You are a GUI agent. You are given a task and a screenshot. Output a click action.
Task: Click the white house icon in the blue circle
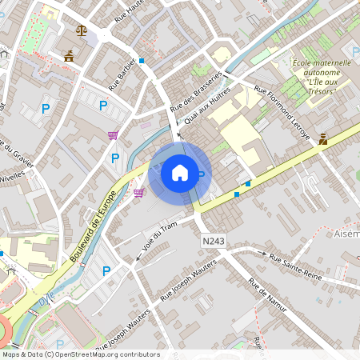tap(180, 172)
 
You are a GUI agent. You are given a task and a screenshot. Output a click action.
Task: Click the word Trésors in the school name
tap(321, 91)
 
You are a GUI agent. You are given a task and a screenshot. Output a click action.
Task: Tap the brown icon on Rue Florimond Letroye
tap(322, 138)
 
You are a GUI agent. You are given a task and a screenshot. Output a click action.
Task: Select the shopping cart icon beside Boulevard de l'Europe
tap(139, 193)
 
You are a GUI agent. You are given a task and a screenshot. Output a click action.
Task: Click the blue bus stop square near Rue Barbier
tap(142, 60)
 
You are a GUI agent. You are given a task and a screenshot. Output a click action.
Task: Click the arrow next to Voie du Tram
tap(138, 258)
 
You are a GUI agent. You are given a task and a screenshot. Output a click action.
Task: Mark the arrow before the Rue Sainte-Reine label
tap(262, 252)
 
